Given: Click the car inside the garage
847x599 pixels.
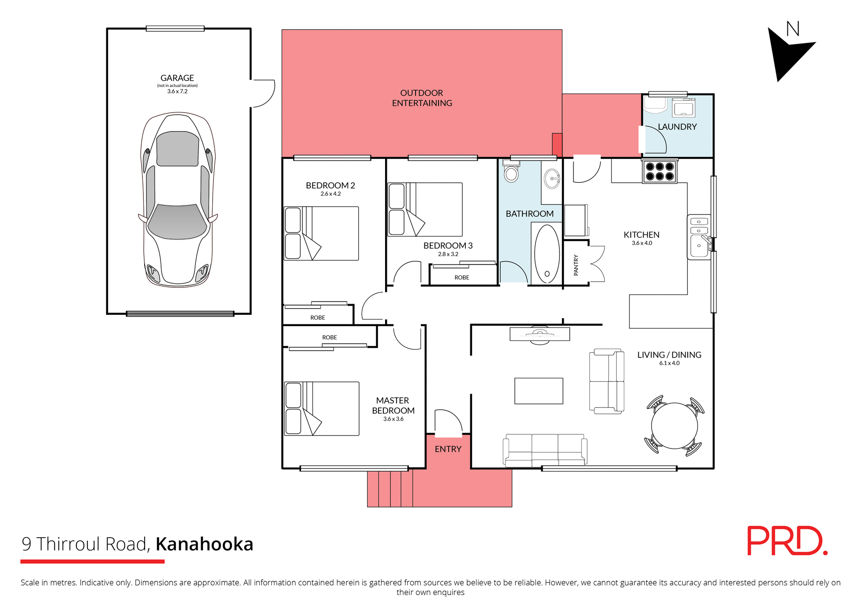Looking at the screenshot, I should click(178, 200).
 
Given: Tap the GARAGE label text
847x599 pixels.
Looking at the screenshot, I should click(177, 78).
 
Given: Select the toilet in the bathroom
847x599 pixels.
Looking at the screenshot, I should click(511, 173).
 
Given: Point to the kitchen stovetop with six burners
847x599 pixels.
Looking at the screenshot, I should click(660, 172).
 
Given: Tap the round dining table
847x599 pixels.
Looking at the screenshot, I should click(674, 426).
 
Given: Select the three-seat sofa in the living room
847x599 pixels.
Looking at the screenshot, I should click(545, 450).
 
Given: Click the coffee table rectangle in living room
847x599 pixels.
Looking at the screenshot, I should click(539, 391).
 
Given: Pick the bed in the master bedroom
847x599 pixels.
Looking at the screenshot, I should click(322, 409).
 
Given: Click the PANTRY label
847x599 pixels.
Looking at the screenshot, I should click(576, 265).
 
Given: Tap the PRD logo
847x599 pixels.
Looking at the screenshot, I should click(787, 541).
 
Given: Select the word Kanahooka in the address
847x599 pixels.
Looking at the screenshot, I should click(204, 544).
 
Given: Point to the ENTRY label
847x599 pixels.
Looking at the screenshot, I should click(448, 449).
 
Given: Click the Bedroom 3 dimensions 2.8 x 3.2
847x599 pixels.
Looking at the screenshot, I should click(448, 254).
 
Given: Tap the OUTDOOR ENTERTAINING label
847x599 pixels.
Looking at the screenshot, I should click(422, 98).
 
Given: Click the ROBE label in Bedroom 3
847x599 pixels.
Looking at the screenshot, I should click(461, 278).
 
